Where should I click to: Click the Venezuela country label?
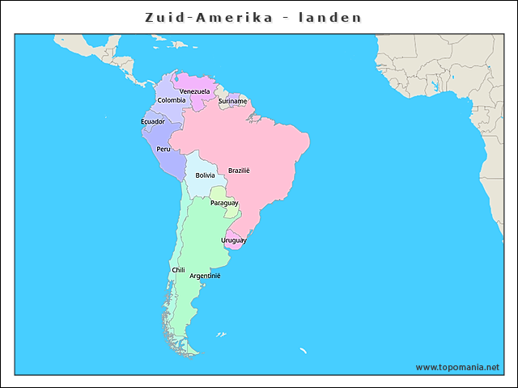(x=194, y=91)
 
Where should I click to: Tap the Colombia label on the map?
(x=171, y=100)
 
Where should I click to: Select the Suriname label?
(x=232, y=102)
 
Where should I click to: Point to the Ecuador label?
(x=152, y=122)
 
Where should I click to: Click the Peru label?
(x=163, y=149)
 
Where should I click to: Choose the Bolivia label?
(x=205, y=175)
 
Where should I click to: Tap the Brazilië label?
(x=239, y=171)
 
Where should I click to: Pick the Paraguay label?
(x=224, y=203)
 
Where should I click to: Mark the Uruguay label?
(x=233, y=241)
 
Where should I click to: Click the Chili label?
(x=178, y=270)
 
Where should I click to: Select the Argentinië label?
(x=205, y=276)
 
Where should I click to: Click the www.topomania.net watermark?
(x=457, y=367)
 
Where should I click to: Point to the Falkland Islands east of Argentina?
(x=220, y=334)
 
